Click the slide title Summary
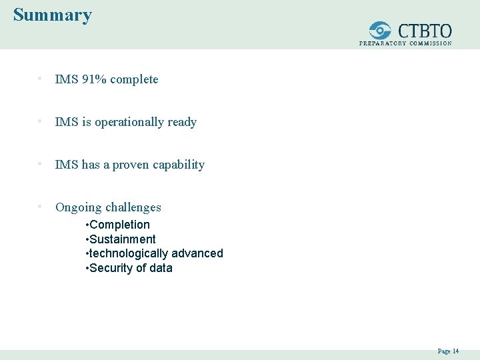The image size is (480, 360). click(x=53, y=15)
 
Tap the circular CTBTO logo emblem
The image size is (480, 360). click(x=381, y=31)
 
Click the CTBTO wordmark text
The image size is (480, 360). click(x=425, y=31)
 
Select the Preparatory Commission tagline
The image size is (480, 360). click(x=405, y=43)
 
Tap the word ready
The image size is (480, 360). click(x=182, y=122)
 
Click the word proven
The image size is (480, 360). click(x=130, y=165)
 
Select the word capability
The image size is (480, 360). click(x=180, y=165)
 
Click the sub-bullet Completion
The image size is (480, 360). click(x=119, y=225)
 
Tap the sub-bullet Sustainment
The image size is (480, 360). click(x=122, y=239)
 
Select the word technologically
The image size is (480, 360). click(x=128, y=253)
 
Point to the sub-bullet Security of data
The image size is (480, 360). click(x=131, y=268)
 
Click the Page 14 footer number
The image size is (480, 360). click(x=448, y=351)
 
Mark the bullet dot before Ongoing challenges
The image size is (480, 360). click(x=41, y=207)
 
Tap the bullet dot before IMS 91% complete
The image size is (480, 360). click(x=41, y=79)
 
